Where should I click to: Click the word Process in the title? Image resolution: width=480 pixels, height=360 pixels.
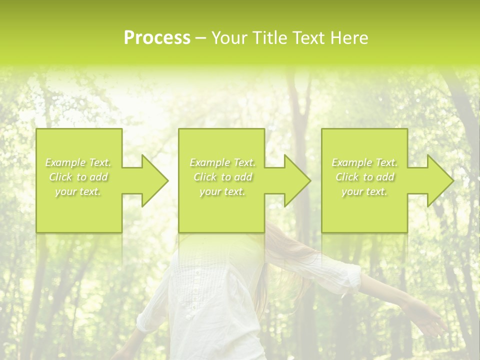pos(157,38)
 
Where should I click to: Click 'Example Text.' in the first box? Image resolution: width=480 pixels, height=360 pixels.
pos(78,162)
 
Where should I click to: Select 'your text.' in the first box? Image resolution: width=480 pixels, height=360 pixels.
pos(78,191)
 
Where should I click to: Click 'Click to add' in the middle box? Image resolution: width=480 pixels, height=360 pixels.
pos(222,177)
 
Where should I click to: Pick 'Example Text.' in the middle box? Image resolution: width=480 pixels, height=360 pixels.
pos(222,162)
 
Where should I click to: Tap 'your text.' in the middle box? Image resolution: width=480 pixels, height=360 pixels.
pos(222,191)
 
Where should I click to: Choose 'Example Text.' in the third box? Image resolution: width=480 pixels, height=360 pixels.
pos(364,162)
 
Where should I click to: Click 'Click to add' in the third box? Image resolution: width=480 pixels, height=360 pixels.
pos(364,177)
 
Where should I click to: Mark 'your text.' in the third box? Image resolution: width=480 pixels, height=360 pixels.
pos(364,191)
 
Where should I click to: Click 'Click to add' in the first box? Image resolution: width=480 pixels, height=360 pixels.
pos(78,177)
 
